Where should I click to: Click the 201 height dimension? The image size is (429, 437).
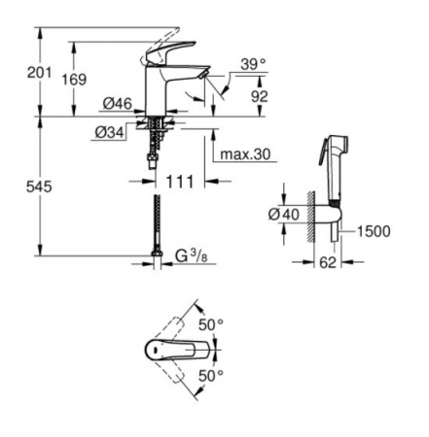click(x=39, y=73)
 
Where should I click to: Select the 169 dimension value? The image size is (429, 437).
click(x=74, y=80)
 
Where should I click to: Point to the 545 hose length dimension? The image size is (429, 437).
click(x=39, y=186)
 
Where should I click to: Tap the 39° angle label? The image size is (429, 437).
click(x=253, y=64)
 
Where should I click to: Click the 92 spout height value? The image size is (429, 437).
click(x=260, y=96)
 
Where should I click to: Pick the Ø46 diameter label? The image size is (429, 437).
click(x=118, y=104)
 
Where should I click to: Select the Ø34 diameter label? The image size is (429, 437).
click(x=110, y=132)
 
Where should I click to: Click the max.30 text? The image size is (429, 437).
click(x=245, y=154)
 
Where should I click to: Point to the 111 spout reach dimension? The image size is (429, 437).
click(x=180, y=182)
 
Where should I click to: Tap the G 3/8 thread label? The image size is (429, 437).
click(x=191, y=256)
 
